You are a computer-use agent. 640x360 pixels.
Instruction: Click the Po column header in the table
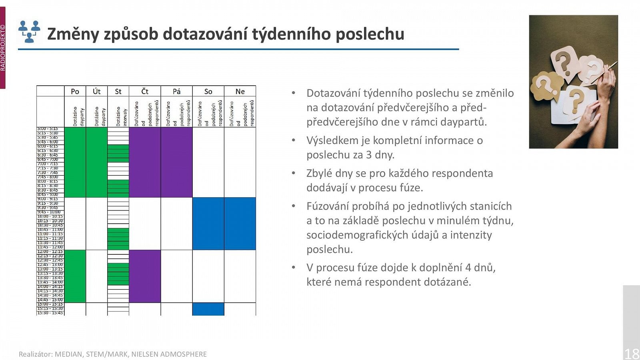[75, 91]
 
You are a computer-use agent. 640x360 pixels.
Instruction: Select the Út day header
[96, 91]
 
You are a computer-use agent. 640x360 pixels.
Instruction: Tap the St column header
[118, 91]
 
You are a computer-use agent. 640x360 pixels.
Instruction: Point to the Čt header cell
[145, 91]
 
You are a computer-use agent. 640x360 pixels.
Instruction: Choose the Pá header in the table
[176, 91]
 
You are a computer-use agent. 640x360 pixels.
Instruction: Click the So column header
[208, 91]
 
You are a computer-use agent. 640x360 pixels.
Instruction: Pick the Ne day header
[240, 91]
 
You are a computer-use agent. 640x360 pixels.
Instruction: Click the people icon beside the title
[29, 32]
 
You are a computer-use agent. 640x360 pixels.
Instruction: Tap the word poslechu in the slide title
[370, 34]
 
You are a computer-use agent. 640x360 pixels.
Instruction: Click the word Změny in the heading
[73, 34]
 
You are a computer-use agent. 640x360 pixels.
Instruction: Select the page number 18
[632, 354]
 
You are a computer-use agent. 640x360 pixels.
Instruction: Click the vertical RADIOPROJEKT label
[3, 48]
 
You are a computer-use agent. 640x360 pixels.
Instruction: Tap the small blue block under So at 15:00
[208, 309]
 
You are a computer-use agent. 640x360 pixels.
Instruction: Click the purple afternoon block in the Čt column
[145, 276]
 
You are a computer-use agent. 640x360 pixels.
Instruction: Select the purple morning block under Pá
[176, 162]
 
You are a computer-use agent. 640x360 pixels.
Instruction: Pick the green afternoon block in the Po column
[75, 276]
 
